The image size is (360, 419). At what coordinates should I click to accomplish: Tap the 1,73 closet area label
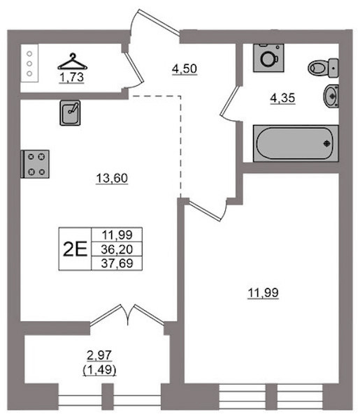coord(72,78)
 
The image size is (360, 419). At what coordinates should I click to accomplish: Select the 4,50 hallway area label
coord(185,68)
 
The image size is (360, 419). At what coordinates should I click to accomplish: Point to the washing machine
coord(268,58)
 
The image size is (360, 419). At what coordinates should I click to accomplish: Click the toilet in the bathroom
coord(323,68)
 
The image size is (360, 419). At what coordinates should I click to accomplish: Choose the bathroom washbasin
coord(331,96)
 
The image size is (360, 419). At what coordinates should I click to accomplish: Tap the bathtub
coord(296,143)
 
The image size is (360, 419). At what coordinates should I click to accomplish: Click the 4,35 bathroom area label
coord(282,98)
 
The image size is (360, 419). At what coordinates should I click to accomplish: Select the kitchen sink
coord(70,112)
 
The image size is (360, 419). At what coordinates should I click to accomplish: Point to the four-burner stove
coord(35,164)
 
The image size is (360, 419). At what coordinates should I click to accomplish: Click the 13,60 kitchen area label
coord(112,178)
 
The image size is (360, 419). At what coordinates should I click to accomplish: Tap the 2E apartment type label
coord(75,249)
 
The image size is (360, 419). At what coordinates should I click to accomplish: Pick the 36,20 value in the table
coord(117,249)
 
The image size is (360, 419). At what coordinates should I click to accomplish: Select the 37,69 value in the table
coord(117,263)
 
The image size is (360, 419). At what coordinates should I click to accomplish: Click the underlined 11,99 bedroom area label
coord(263,293)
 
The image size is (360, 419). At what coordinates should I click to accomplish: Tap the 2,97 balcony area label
coord(99,355)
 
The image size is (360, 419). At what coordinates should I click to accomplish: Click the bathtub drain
coord(327,143)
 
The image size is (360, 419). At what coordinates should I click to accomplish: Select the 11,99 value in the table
coord(117,235)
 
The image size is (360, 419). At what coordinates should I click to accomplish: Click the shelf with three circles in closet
coord(29,64)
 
